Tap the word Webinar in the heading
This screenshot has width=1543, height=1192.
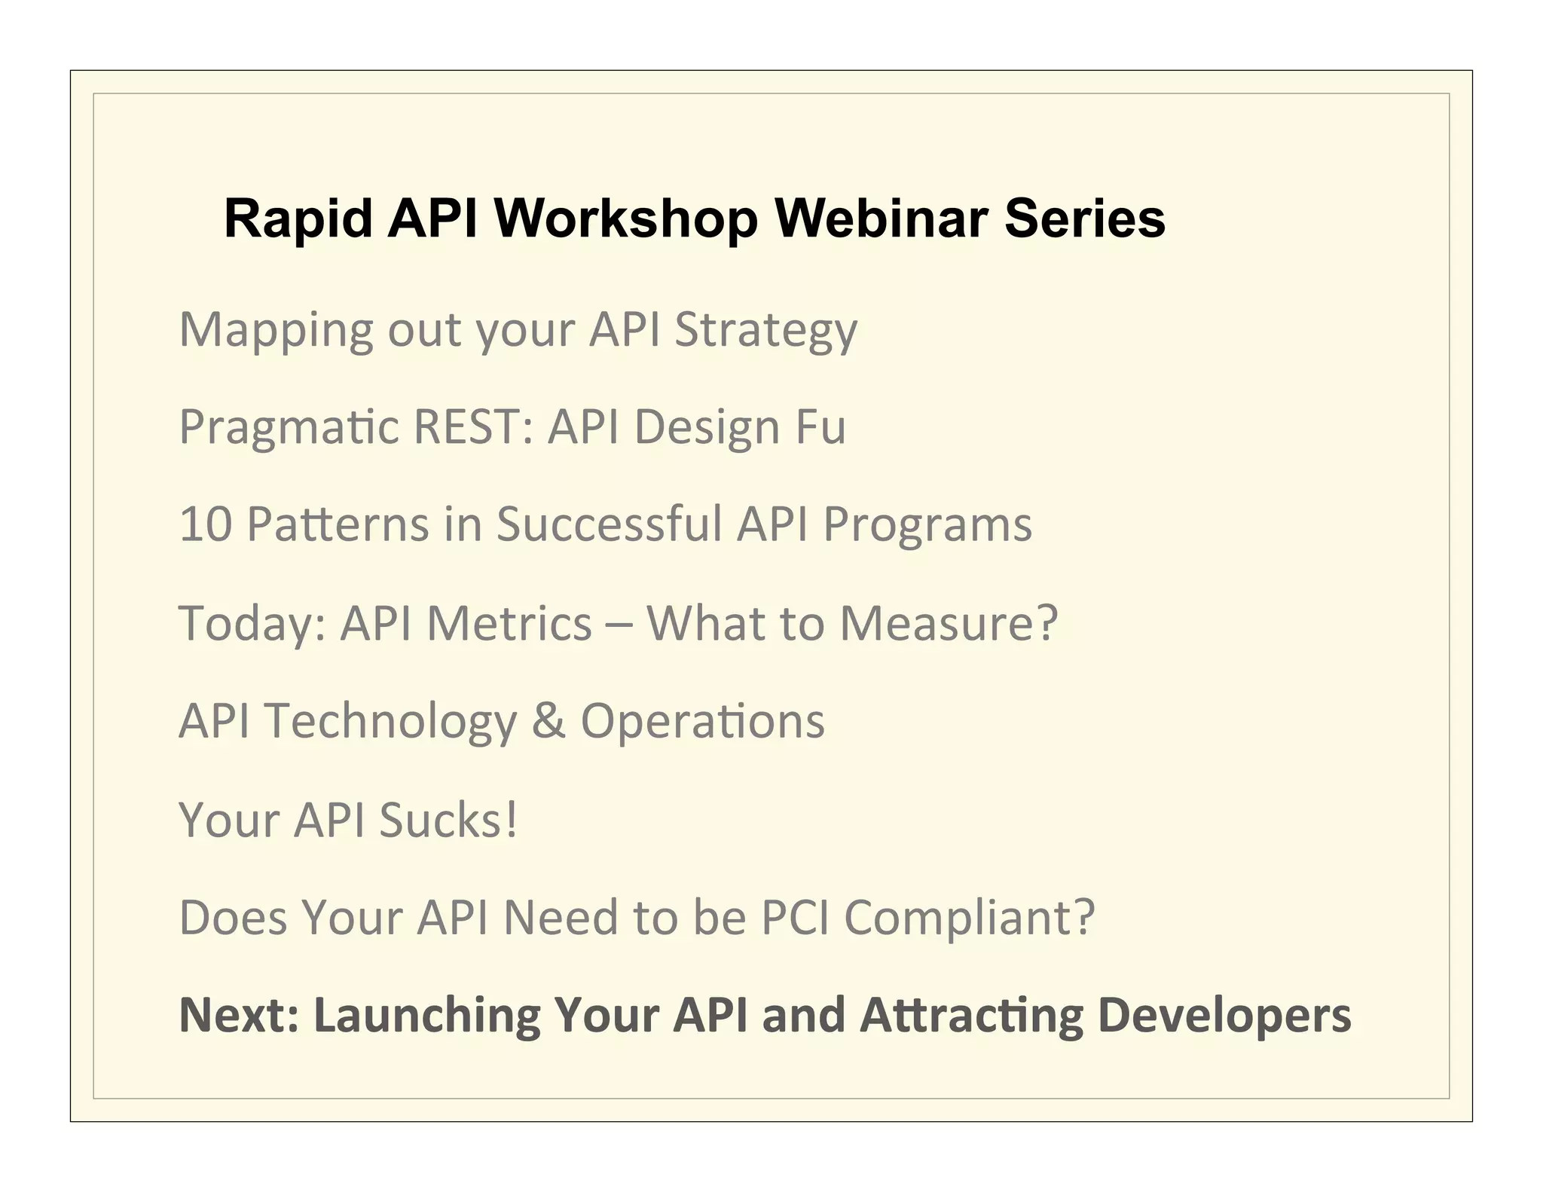pyautogui.click(x=881, y=219)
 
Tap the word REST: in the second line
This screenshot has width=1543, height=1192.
pyautogui.click(x=474, y=426)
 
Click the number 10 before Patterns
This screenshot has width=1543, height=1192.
pyautogui.click(x=205, y=524)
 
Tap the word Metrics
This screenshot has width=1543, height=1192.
pyautogui.click(x=509, y=624)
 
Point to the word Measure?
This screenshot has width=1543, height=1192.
pyautogui.click(x=949, y=624)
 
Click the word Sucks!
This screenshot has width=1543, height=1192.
pyautogui.click(x=449, y=820)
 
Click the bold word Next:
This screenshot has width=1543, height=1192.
pyautogui.click(x=239, y=1014)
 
